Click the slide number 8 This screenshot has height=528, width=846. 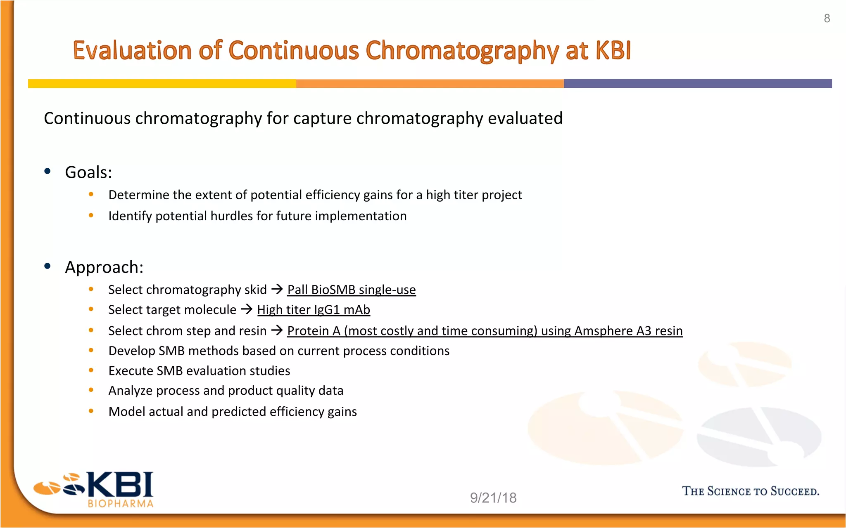[x=827, y=19]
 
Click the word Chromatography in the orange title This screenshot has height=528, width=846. [x=462, y=51]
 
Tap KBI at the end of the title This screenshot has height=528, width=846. [x=613, y=50]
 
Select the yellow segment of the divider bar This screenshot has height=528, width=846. [x=162, y=84]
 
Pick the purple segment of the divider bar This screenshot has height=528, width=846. [x=697, y=84]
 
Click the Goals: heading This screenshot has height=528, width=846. [x=88, y=172]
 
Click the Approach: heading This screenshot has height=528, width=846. [x=104, y=267]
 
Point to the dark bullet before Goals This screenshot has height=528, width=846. [x=48, y=171]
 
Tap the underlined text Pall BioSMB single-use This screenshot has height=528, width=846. [x=351, y=290]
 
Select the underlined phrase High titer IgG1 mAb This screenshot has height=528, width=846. [x=314, y=310]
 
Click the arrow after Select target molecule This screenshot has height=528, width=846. [x=247, y=309]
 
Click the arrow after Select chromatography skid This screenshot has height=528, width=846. [x=277, y=289]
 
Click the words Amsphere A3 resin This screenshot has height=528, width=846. [x=628, y=331]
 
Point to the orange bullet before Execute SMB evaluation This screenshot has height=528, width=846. [x=91, y=370]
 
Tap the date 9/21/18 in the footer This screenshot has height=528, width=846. [x=493, y=498]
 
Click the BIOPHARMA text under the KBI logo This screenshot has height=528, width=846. [x=120, y=504]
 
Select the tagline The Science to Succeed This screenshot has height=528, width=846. [x=750, y=491]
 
